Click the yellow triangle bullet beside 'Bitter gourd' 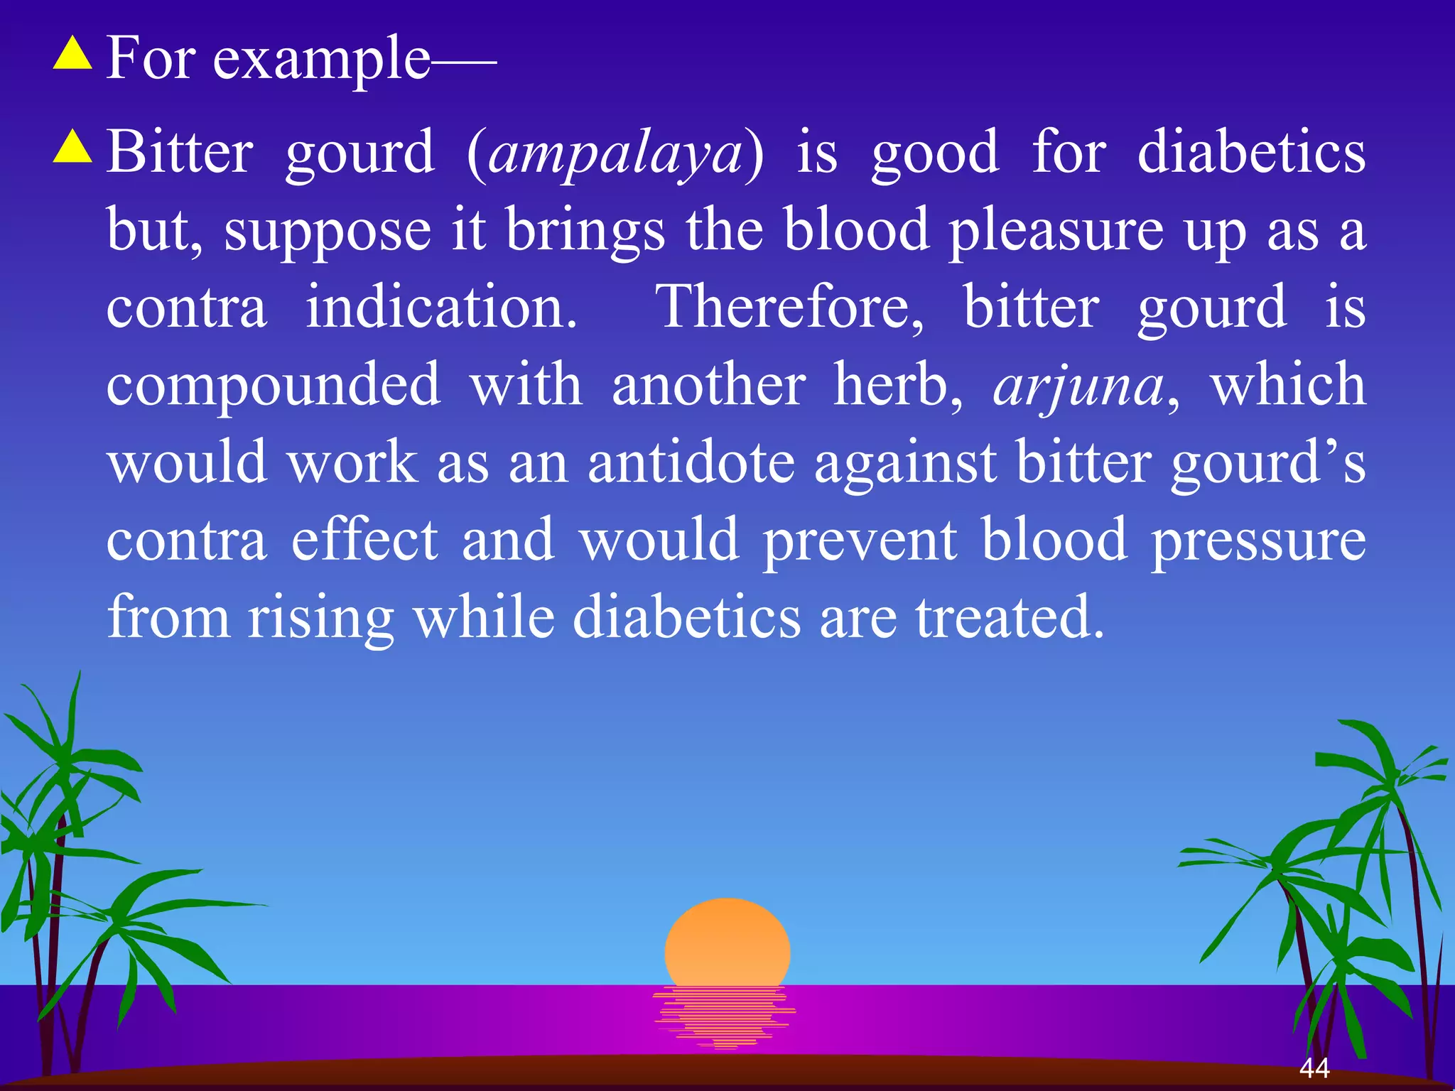[x=72, y=148]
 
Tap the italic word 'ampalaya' [x=615, y=154]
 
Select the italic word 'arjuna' [x=1078, y=387]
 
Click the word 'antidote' [x=691, y=463]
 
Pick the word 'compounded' [x=274, y=387]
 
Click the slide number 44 [x=1314, y=1068]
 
